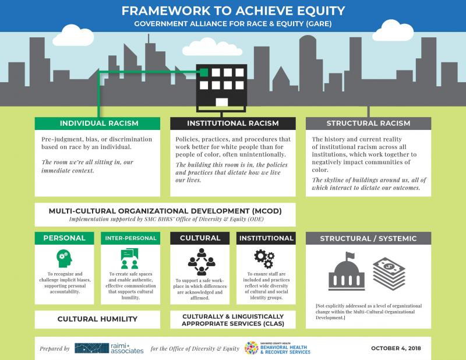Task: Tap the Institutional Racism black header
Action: point(232,123)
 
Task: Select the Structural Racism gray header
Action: point(368,123)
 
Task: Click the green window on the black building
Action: point(204,72)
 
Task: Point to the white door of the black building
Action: point(222,103)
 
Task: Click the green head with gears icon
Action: point(64,258)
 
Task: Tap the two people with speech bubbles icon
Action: point(130,258)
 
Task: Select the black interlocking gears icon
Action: point(264,259)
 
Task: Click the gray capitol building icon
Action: point(347,271)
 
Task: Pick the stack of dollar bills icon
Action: point(389,273)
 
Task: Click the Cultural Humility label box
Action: point(97,319)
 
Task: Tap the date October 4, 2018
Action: point(396,348)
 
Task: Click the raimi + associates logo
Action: point(109,348)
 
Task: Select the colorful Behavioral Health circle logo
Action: point(251,348)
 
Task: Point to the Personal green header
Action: point(64,238)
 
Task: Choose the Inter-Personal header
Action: point(130,238)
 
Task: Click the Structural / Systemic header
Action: point(368,238)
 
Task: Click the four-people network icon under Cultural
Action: point(202,262)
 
